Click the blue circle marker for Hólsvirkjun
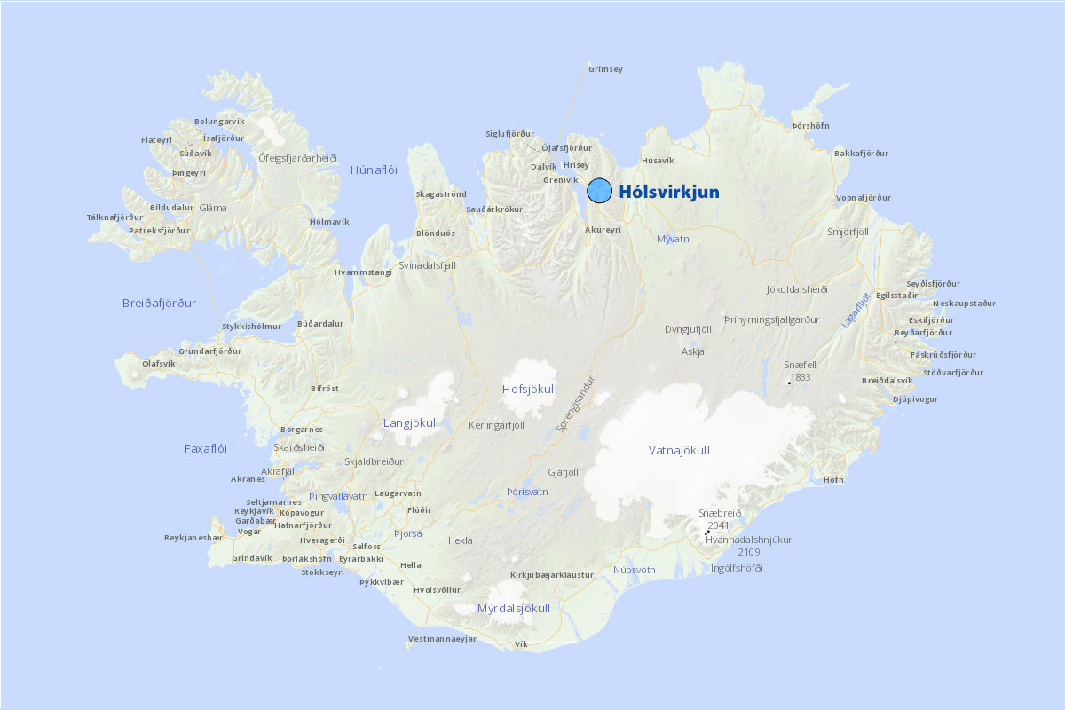point(600,191)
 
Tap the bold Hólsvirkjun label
point(669,192)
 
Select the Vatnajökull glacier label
point(679,450)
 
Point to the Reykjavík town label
point(254,511)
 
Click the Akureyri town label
point(603,229)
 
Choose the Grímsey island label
point(605,68)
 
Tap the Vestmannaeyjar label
point(442,639)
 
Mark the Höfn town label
point(833,479)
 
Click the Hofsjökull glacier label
point(529,389)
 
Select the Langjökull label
point(411,422)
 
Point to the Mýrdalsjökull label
point(513,609)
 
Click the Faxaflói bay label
point(206,448)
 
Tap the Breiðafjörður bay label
point(159,303)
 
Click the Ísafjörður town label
point(224,138)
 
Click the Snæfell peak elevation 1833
point(800,377)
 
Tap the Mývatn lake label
point(673,239)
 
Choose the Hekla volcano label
point(461,540)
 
